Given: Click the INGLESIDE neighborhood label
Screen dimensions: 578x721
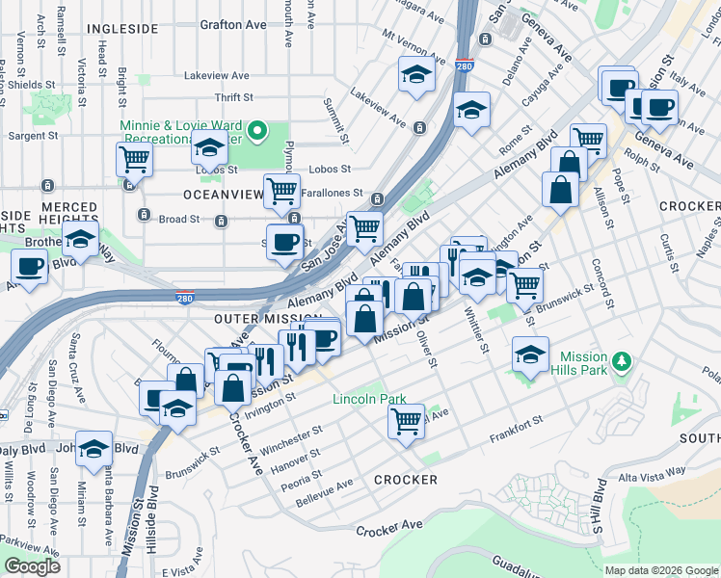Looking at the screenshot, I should tap(122, 29).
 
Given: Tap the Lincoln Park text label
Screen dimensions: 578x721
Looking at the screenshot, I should tap(369, 399).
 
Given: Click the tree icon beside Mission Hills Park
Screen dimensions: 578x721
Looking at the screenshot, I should tap(624, 361).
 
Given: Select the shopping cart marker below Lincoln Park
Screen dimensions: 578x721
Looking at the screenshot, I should tap(407, 420).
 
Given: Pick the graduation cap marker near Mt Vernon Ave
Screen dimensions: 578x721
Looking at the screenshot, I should tap(416, 76).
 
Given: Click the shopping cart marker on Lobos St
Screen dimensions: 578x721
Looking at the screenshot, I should tap(134, 159).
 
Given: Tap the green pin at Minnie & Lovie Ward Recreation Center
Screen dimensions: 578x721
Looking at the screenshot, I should tap(257, 130).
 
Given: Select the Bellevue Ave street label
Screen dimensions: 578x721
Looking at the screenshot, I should tap(323, 483).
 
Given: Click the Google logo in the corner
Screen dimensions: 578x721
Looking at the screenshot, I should tap(32, 566).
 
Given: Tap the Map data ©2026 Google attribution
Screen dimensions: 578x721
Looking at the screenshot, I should tap(660, 570).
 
